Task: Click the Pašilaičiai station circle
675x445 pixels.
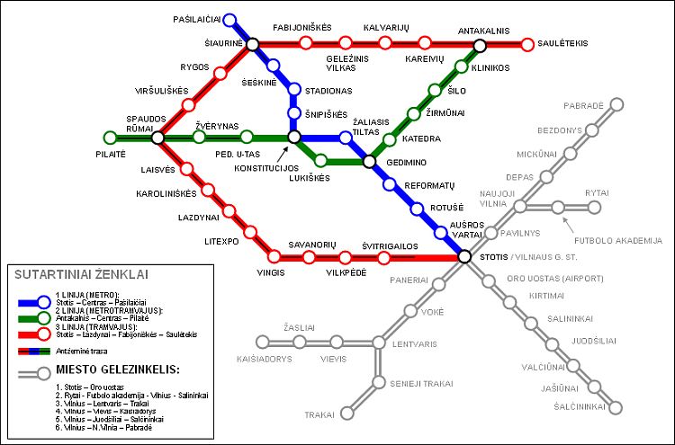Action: [x=229, y=19]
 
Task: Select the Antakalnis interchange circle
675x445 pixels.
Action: [x=480, y=45]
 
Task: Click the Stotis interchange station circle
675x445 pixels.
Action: [x=464, y=257]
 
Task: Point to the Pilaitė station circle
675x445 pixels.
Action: [x=110, y=138]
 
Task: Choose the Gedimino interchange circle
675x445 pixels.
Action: [x=368, y=162]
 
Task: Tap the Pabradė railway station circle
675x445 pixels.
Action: [x=616, y=104]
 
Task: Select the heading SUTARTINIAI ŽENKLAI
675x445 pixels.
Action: [x=82, y=275]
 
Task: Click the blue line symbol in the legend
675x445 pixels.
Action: [x=36, y=300]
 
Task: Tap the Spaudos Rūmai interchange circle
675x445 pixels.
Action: [x=157, y=138]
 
